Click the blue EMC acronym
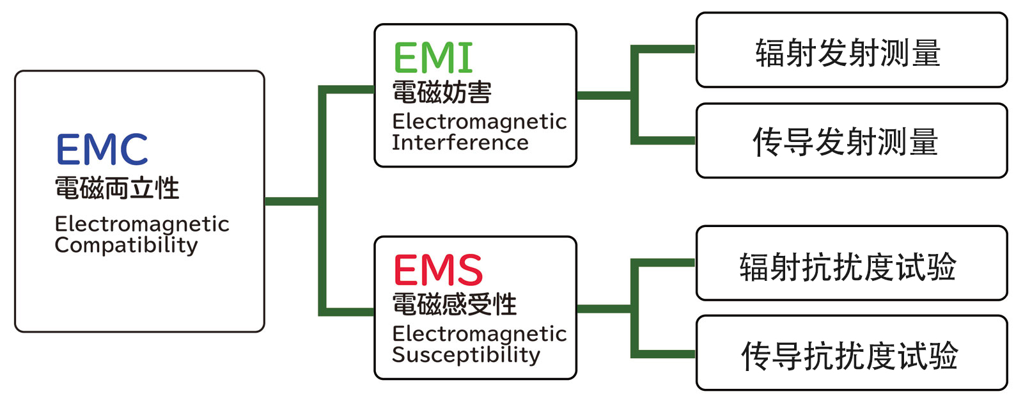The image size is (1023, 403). (102, 150)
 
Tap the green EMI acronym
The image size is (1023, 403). (433, 58)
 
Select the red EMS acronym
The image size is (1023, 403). (438, 270)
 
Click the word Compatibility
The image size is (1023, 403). (126, 245)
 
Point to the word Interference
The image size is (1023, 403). (460, 143)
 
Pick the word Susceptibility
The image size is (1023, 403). (465, 355)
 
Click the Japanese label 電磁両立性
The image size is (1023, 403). (117, 188)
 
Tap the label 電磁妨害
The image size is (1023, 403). (442, 93)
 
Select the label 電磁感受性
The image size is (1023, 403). (454, 304)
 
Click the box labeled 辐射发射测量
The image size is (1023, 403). (851, 51)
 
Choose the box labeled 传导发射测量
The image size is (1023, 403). (851, 141)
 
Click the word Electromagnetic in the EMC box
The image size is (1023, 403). (142, 224)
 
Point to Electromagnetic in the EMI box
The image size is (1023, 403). (480, 122)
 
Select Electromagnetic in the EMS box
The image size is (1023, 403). (480, 334)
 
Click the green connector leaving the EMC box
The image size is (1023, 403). (291, 201)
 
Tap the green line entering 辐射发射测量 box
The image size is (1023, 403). (665, 49)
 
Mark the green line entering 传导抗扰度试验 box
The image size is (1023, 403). (665, 354)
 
